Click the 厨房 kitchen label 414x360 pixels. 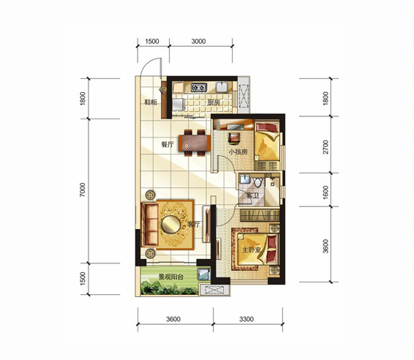click(x=214, y=102)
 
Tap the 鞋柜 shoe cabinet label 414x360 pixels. click(x=151, y=102)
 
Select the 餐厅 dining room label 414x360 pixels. click(x=167, y=144)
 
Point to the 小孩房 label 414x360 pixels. click(x=238, y=152)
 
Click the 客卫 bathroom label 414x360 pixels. click(x=252, y=195)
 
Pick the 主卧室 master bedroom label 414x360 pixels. click(x=252, y=250)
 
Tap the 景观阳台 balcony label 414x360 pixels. click(x=170, y=277)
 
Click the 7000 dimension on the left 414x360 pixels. click(x=83, y=190)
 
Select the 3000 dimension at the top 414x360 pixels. click(x=198, y=42)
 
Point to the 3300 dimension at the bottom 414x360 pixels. click(x=246, y=319)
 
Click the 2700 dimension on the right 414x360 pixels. click(x=325, y=147)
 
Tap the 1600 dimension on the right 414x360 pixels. click(x=325, y=192)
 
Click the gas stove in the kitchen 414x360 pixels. click(x=198, y=87)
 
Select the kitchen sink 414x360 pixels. click(x=222, y=87)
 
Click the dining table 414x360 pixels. click(x=195, y=143)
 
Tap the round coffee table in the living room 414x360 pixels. click(x=171, y=225)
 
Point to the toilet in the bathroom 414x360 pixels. click(x=257, y=182)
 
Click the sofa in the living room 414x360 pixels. click(x=149, y=225)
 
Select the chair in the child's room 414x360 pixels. click(x=234, y=138)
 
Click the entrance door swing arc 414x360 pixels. click(x=146, y=64)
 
